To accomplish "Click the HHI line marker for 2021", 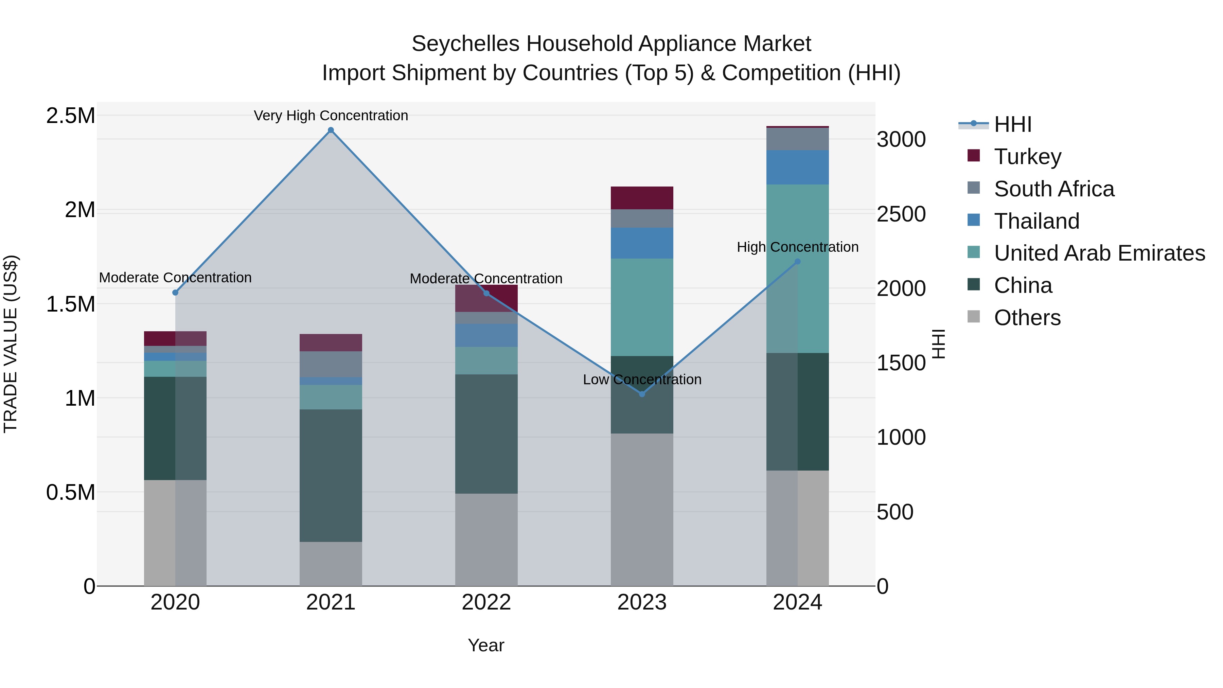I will point(331,130).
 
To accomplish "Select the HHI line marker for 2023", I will point(642,394).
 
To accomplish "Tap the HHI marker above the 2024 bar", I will point(798,262).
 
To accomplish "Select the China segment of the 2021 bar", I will point(331,475).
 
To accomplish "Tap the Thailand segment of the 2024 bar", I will point(798,167).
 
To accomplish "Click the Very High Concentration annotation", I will point(331,116).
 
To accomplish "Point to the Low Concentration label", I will point(642,380).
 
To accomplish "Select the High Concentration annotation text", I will point(798,247).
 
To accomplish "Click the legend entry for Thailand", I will point(1036,221).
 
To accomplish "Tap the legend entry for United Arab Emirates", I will point(1099,253).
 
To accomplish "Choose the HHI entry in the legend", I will point(1012,124).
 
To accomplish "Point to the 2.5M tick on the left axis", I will point(70,116).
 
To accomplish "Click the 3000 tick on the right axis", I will point(901,140).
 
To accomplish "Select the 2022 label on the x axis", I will point(486,602).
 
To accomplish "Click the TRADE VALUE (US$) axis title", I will point(11,344).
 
